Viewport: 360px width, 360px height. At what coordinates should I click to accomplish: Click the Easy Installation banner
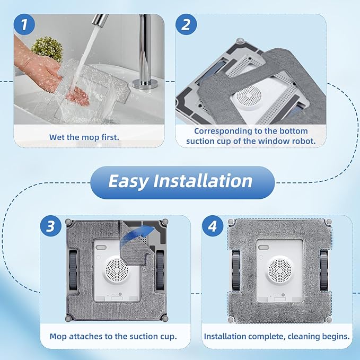(x=180, y=181)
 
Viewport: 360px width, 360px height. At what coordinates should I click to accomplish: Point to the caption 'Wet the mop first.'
(x=84, y=137)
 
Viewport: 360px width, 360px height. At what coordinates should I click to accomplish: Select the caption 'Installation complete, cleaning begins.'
(x=277, y=336)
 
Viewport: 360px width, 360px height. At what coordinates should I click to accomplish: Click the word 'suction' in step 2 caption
(x=200, y=142)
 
